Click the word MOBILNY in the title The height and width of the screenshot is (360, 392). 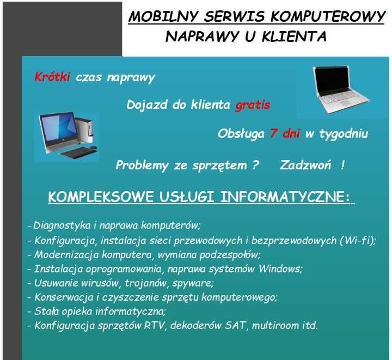click(x=163, y=17)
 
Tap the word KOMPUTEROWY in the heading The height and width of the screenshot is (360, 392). click(x=328, y=17)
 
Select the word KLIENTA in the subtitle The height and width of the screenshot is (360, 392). click(x=294, y=36)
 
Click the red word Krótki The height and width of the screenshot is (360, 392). click(x=52, y=77)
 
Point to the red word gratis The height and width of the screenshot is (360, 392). click(x=253, y=105)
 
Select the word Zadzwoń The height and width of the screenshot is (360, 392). click(x=305, y=165)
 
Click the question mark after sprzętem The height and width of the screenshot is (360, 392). click(x=255, y=165)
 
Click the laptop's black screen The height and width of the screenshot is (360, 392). click(x=332, y=80)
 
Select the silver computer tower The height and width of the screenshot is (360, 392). click(x=85, y=132)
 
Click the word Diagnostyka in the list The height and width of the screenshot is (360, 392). click(x=62, y=225)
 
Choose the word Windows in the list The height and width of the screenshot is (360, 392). click(x=279, y=269)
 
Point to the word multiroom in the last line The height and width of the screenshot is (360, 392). click(x=275, y=326)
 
